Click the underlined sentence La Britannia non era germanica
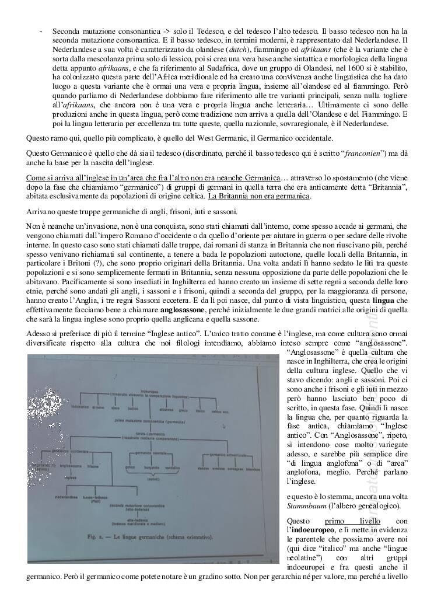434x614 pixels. click(260, 196)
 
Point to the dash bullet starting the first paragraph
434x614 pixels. click(39, 30)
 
